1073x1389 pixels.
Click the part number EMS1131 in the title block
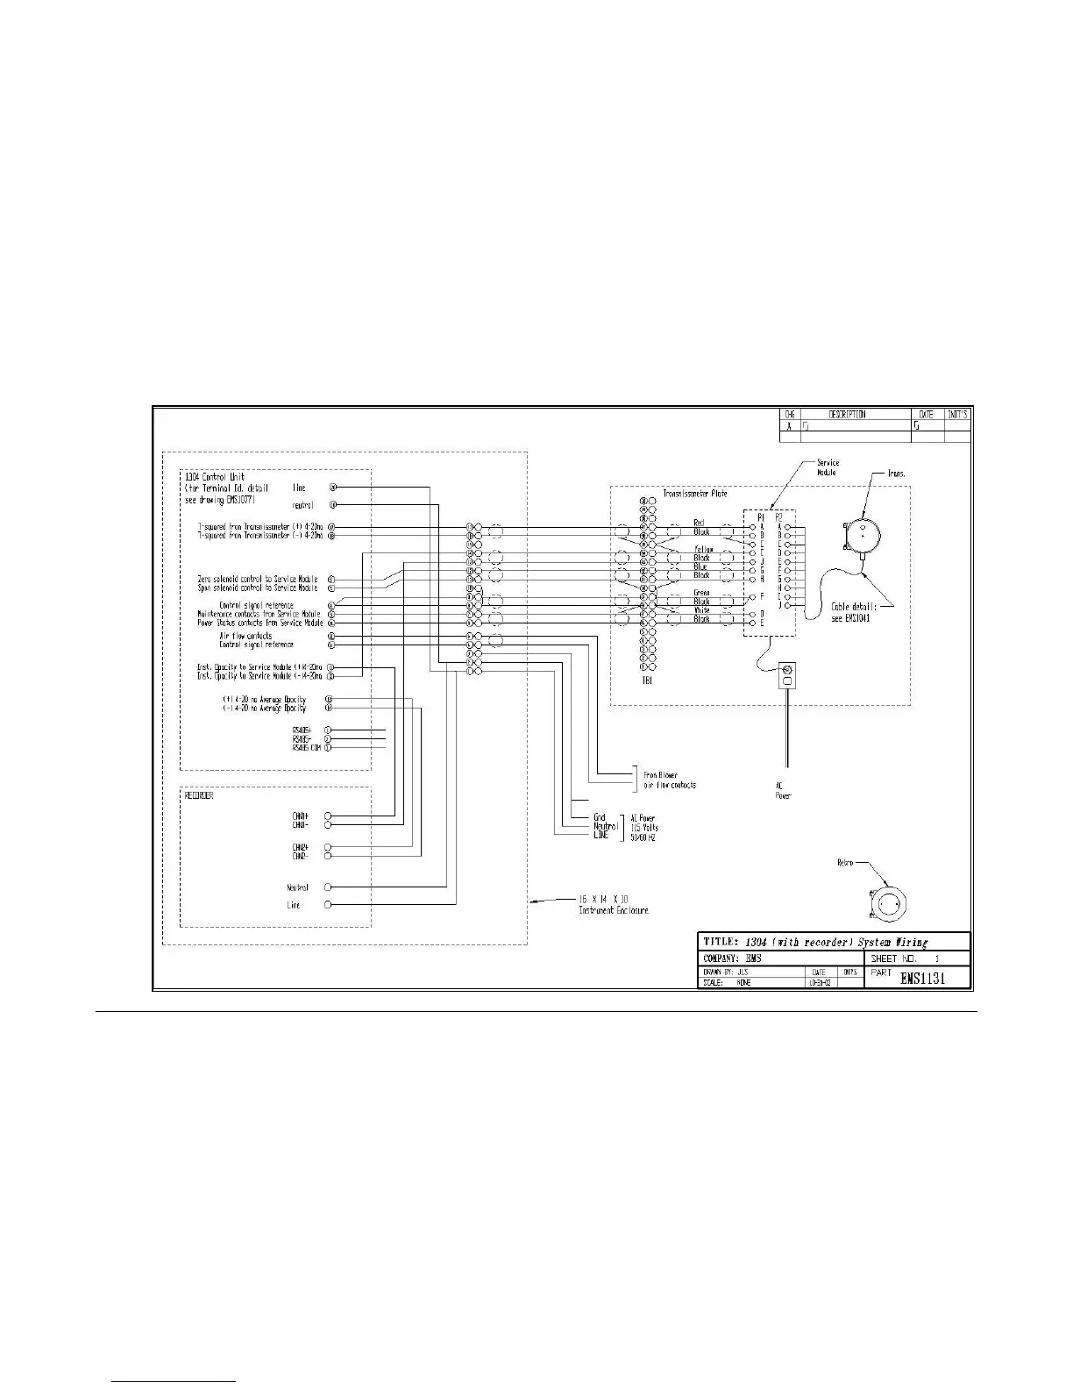point(922,979)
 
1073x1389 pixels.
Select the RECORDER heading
point(199,796)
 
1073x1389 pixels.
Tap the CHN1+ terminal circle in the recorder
point(328,816)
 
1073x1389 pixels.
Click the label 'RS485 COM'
point(306,748)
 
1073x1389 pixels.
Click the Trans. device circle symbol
point(864,532)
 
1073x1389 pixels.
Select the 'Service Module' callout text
point(828,467)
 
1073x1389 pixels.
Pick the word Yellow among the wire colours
point(703,550)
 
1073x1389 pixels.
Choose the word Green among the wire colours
point(702,594)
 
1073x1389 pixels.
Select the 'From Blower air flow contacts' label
point(670,780)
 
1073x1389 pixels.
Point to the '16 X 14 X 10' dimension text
point(604,901)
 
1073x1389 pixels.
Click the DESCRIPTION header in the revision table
point(847,414)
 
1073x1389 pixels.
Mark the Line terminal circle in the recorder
point(328,904)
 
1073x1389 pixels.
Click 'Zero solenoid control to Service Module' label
point(258,579)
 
